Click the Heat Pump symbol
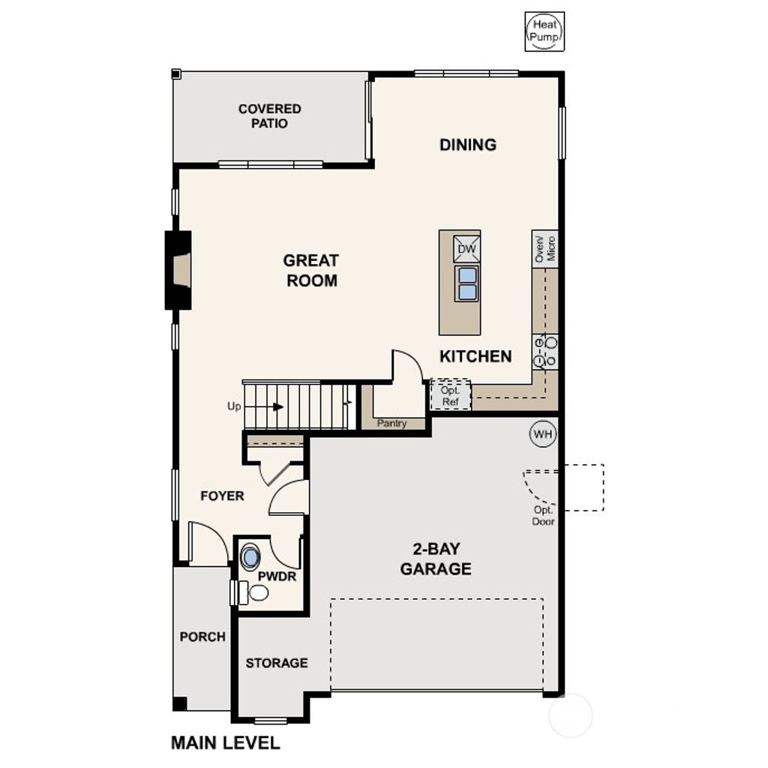(x=544, y=32)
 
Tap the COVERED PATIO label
(x=270, y=115)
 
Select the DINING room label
(x=468, y=145)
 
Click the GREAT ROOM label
(x=310, y=270)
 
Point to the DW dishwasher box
(x=466, y=248)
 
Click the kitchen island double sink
(x=466, y=283)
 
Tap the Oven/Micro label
(x=545, y=247)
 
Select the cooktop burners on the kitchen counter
(x=545, y=352)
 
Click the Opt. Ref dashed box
(x=451, y=395)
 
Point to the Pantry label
(x=392, y=424)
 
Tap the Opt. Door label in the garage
(x=543, y=516)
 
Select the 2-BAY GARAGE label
(x=436, y=559)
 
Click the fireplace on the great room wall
(x=178, y=269)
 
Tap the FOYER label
(x=222, y=496)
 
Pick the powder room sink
(x=250, y=557)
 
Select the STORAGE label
(x=277, y=663)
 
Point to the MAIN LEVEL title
(x=225, y=743)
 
